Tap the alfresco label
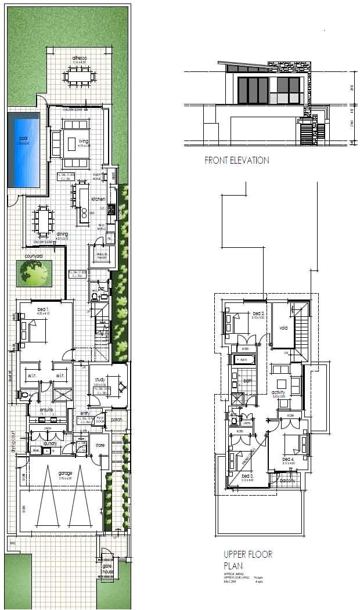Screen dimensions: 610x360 pyautogui.click(x=80, y=59)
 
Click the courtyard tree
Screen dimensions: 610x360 pyautogui.click(x=34, y=272)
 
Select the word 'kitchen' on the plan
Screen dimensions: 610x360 pyautogui.click(x=98, y=198)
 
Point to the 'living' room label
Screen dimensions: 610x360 pyautogui.click(x=84, y=141)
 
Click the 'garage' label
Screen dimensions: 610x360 pyautogui.click(x=66, y=473)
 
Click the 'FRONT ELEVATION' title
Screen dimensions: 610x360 pyautogui.click(x=236, y=161)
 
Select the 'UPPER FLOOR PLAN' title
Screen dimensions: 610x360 pyautogui.click(x=248, y=560)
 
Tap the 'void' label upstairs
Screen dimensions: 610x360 pyautogui.click(x=283, y=328)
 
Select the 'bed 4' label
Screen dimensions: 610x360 pyautogui.click(x=289, y=459)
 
